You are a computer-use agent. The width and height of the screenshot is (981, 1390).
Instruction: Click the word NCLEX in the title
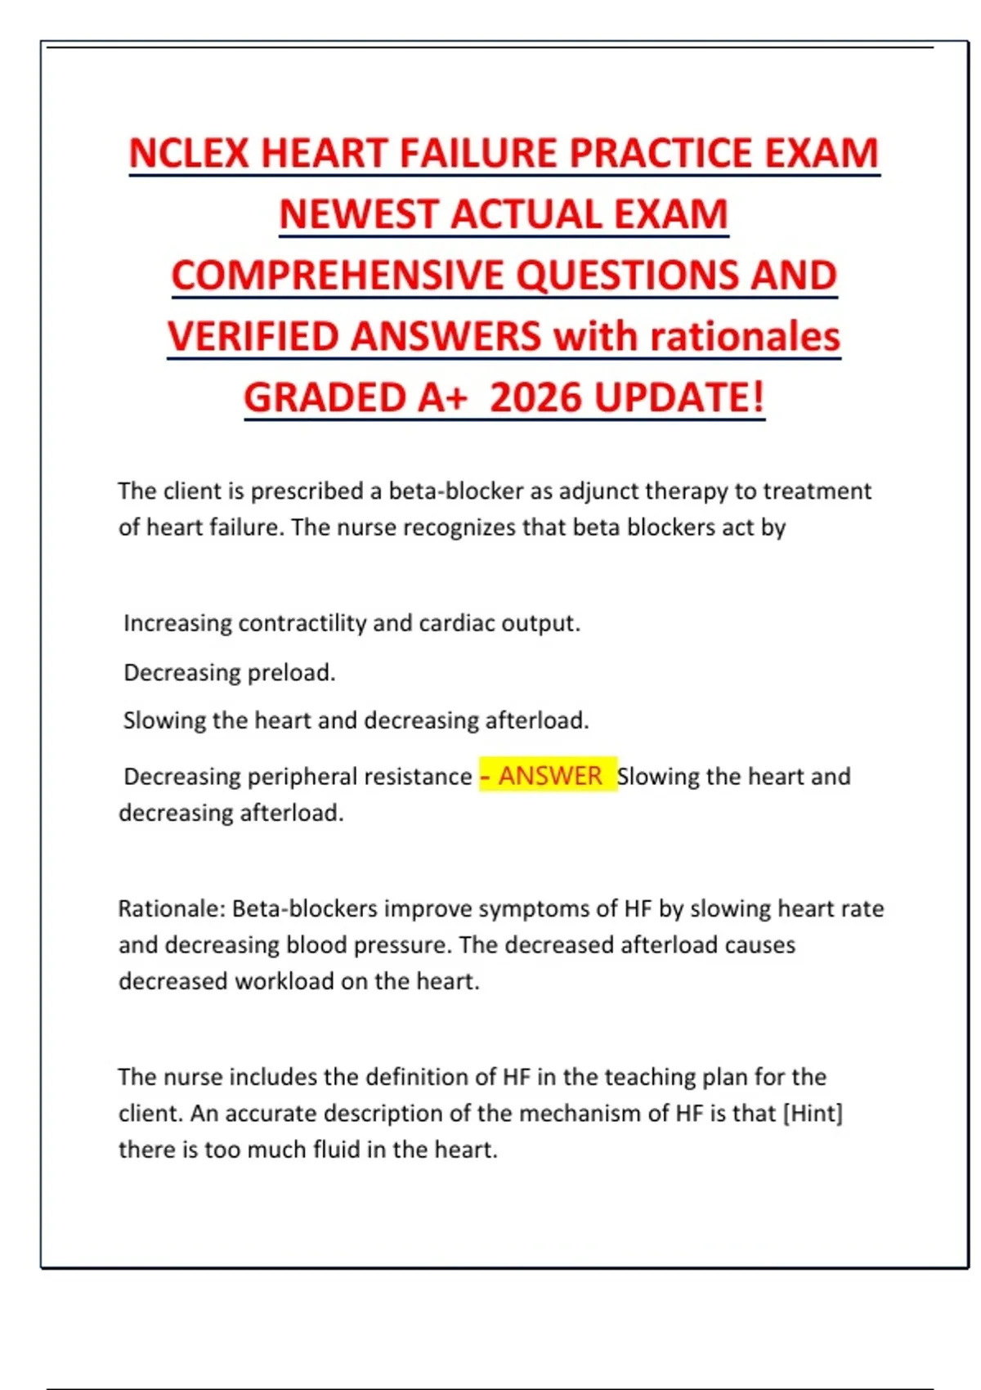pos(189,154)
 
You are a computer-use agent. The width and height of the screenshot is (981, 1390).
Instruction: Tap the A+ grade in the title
pos(442,398)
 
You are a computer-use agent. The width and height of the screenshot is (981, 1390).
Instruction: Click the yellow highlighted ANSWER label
pos(549,775)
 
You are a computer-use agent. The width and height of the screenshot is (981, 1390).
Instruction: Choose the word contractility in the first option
pos(302,623)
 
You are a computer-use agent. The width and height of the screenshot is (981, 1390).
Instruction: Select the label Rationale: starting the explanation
pos(172,908)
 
